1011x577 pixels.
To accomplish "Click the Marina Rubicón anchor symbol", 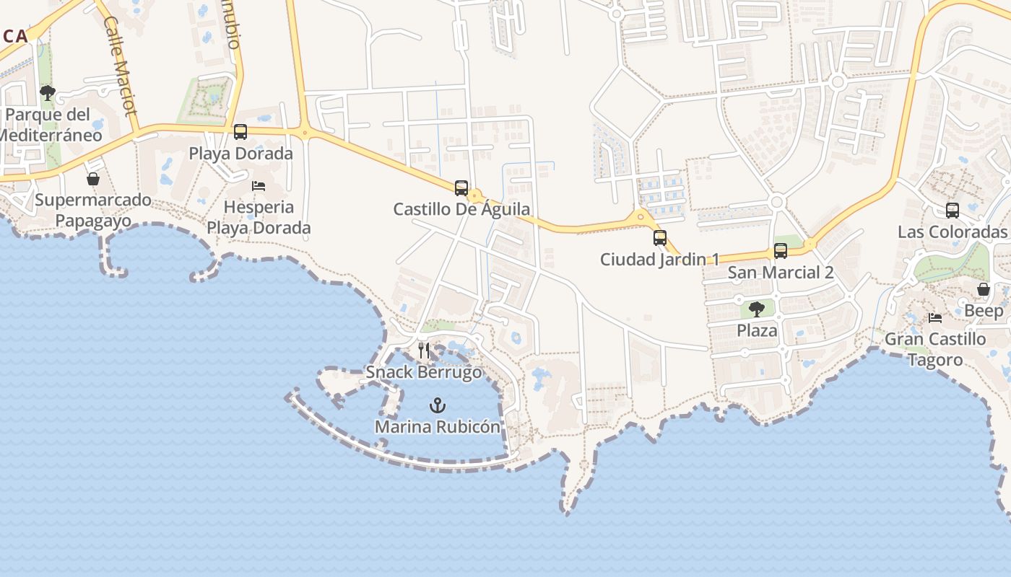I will pyautogui.click(x=438, y=405).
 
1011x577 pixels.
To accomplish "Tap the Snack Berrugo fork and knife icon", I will pyautogui.click(x=424, y=351).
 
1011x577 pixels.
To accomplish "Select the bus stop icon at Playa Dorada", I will pyautogui.click(x=240, y=132).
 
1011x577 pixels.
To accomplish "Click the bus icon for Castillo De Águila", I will pyautogui.click(x=461, y=188).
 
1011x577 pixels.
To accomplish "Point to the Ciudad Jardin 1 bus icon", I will pyautogui.click(x=660, y=237).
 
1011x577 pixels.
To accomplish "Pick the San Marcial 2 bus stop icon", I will pyautogui.click(x=781, y=251).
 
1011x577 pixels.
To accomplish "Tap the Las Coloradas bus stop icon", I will pyautogui.click(x=953, y=211).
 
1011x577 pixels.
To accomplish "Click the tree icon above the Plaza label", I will pyautogui.click(x=757, y=309).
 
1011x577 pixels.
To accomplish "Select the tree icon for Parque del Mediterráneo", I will pyautogui.click(x=48, y=93).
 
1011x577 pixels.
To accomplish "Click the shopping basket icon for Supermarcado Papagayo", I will pyautogui.click(x=93, y=179).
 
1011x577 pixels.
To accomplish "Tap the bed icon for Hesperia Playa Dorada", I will pyautogui.click(x=259, y=186).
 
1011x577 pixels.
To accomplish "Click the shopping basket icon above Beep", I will pyautogui.click(x=984, y=289).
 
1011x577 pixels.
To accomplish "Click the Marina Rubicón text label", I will pyautogui.click(x=438, y=427).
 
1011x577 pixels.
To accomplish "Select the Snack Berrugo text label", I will pyautogui.click(x=424, y=372).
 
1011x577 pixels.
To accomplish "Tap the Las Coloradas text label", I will pyautogui.click(x=953, y=232).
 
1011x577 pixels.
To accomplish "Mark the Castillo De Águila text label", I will pyautogui.click(x=461, y=210).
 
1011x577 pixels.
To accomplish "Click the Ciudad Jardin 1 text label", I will pyautogui.click(x=660, y=260).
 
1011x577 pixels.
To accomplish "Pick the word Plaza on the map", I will pyautogui.click(x=757, y=331).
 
